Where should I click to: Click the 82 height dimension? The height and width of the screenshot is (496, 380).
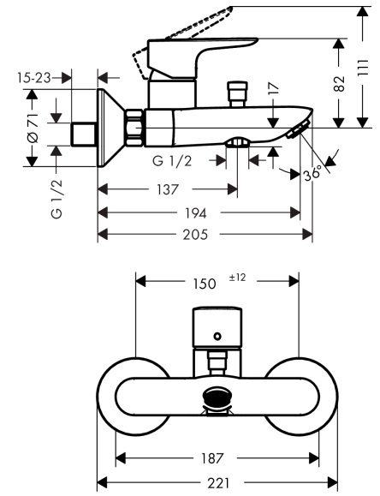(339, 83)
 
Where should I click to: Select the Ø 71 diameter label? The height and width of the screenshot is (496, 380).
(33, 128)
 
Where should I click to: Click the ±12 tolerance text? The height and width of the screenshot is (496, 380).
(239, 278)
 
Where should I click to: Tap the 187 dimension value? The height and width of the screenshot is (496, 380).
(217, 458)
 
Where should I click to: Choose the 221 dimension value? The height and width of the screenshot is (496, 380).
(218, 483)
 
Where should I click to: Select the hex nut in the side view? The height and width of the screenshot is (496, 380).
(134, 129)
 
